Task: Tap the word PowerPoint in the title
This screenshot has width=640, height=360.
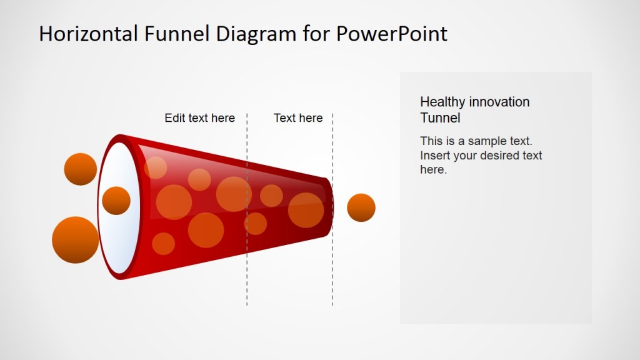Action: [x=392, y=34]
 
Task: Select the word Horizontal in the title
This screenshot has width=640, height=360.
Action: [x=89, y=34]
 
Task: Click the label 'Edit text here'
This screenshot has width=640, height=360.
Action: [x=199, y=118]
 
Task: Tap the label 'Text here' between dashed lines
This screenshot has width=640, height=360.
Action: [x=298, y=118]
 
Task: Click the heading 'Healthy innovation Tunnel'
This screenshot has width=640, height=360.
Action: [x=474, y=109]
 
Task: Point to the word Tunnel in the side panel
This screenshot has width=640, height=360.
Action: [x=440, y=117]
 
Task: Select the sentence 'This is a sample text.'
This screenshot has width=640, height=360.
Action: [x=476, y=141]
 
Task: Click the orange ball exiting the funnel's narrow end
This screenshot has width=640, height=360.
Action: [x=361, y=207]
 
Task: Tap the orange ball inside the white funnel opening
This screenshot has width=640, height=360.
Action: [x=116, y=201]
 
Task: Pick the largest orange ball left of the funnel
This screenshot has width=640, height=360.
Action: [x=75, y=240]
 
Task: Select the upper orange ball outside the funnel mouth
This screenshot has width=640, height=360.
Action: [x=81, y=169]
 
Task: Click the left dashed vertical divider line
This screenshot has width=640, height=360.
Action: [x=247, y=275]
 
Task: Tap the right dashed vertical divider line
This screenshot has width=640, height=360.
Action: [x=332, y=275]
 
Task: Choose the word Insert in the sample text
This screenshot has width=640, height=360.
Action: [x=435, y=155]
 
